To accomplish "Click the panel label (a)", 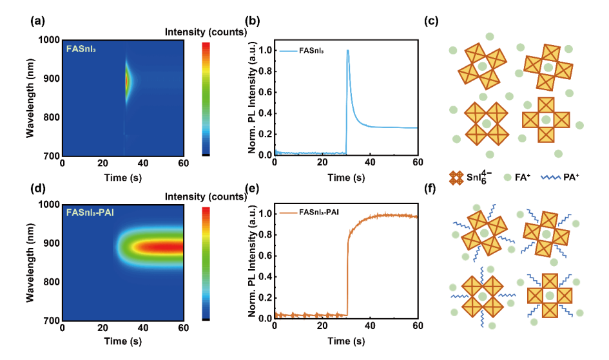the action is point(37,21).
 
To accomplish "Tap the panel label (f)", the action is point(430,189).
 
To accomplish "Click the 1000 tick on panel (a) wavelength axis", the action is point(49,40).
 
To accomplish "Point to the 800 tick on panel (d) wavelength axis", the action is point(52,282).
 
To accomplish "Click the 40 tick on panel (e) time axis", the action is point(370,326).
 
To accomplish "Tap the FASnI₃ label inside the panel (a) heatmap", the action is point(81,50).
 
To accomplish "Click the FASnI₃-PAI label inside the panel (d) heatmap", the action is point(90,213).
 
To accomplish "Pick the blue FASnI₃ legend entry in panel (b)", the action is point(302,51).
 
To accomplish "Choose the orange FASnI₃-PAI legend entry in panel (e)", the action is point(309,213).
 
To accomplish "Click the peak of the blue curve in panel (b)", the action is point(347,50).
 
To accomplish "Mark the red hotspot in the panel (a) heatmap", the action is point(126,81).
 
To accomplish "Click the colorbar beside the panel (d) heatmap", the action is point(206,264).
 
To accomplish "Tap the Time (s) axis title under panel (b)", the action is point(346,178).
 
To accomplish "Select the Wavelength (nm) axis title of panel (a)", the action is point(30,98).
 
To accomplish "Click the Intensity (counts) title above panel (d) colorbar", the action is point(206,196).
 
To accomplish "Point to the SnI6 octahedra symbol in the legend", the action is point(456,178).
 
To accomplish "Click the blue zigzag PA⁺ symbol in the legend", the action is point(551,178).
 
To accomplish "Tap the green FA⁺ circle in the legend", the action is point(507,178).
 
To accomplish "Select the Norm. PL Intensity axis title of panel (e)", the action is point(252,260).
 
